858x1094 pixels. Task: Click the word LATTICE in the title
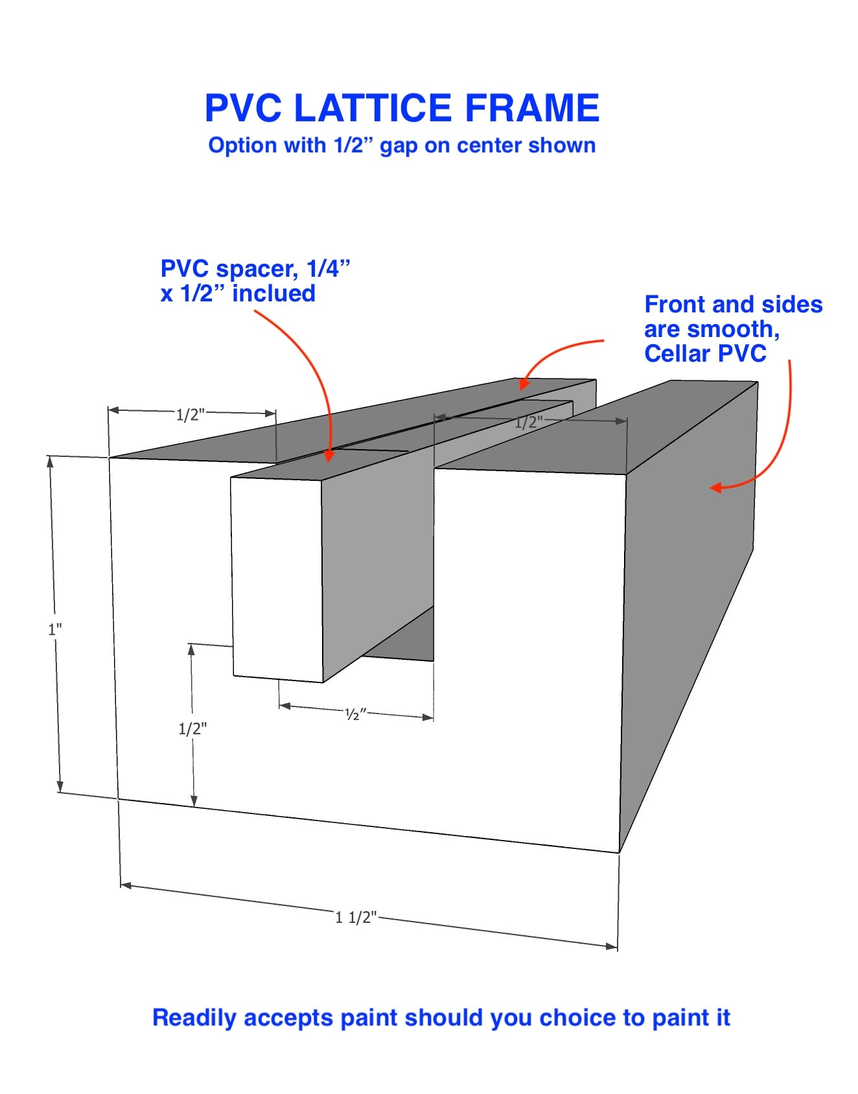coord(373,108)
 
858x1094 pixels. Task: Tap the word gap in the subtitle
coord(399,146)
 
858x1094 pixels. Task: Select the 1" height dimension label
coord(55,629)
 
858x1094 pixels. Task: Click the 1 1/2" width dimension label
coord(356,917)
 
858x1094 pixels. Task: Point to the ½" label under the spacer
coord(356,714)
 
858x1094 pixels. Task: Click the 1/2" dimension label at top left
coord(191,415)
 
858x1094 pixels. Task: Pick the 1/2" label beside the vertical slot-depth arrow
coord(192,728)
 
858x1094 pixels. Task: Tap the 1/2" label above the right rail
coord(529,423)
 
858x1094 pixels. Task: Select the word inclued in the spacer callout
coord(273,294)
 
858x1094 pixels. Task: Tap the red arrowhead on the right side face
coord(715,487)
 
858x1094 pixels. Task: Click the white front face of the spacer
coord(277,578)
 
